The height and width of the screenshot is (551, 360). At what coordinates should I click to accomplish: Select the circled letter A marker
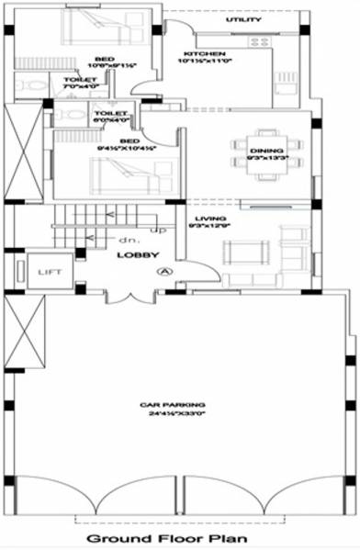(165, 271)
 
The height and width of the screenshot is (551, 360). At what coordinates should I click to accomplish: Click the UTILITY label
(243, 19)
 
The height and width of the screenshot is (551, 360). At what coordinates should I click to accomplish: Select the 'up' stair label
(157, 229)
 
